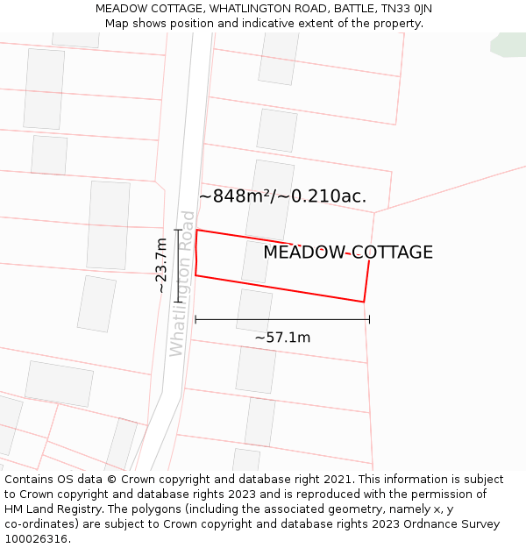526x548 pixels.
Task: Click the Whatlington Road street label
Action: click(x=182, y=283)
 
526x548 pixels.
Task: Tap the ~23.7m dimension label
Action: click(x=160, y=265)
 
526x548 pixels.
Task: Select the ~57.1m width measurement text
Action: click(x=282, y=338)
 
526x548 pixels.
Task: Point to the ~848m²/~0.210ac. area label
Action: click(x=282, y=196)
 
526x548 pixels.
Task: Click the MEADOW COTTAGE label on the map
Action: click(x=348, y=253)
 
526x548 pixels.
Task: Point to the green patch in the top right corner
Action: click(x=510, y=45)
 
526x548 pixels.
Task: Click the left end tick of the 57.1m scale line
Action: click(x=195, y=320)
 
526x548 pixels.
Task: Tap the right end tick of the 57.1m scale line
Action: click(x=369, y=320)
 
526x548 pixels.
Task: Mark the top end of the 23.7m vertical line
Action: click(x=178, y=230)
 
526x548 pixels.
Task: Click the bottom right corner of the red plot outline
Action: click(x=363, y=302)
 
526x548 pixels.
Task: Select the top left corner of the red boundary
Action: click(x=196, y=231)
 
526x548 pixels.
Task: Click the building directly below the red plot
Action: click(x=253, y=311)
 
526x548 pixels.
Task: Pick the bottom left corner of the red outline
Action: click(x=195, y=275)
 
